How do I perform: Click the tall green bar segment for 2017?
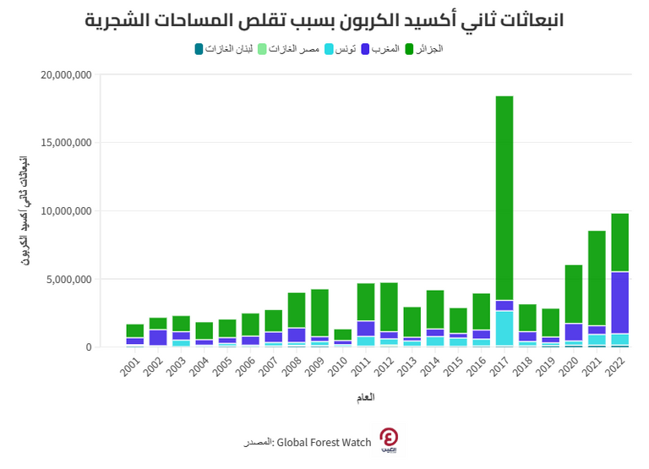pyautogui.click(x=504, y=198)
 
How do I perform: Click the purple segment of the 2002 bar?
pyautogui.click(x=158, y=337)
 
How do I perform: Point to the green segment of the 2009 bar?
pyautogui.click(x=319, y=313)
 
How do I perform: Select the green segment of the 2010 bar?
pyautogui.click(x=342, y=335)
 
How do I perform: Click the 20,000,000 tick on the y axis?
pyautogui.click(x=66, y=75)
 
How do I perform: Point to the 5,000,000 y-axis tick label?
pyautogui.click(x=69, y=279)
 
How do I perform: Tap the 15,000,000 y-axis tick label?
pyautogui.click(x=66, y=143)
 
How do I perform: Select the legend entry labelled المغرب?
pyautogui.click(x=384, y=49)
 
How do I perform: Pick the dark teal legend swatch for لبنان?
pyautogui.click(x=199, y=49)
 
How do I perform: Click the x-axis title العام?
pyautogui.click(x=365, y=397)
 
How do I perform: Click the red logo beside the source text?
pyautogui.click(x=389, y=439)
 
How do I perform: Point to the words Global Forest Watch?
pyautogui.click(x=324, y=443)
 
